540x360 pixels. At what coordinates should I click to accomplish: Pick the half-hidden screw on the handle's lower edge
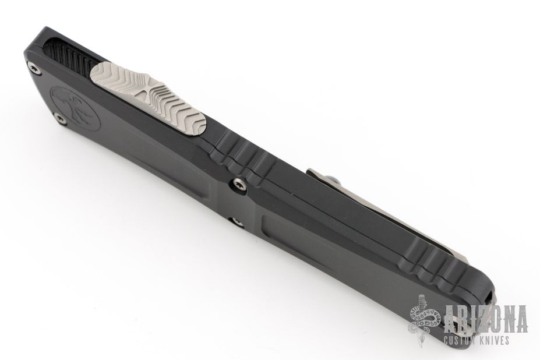pos(237,221)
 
